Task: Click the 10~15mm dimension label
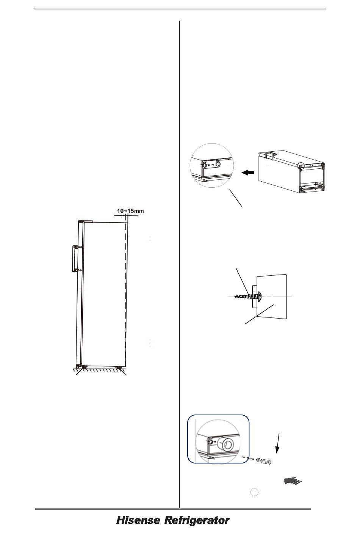coord(130,211)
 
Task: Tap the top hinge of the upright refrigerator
coord(85,222)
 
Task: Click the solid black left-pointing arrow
coord(248,173)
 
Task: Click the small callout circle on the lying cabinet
coord(301,165)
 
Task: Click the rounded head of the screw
coord(260,296)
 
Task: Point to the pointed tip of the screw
coord(235,297)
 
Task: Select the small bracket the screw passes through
coord(254,295)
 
